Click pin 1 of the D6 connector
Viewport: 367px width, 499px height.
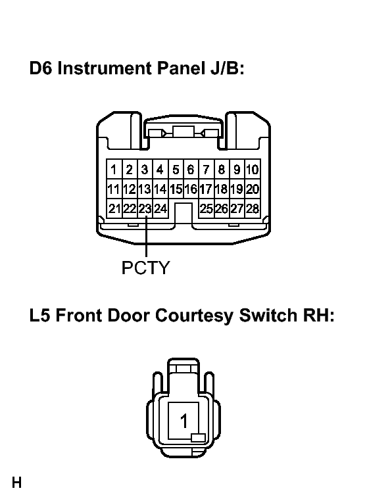point(114,170)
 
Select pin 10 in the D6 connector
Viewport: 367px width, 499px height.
point(253,170)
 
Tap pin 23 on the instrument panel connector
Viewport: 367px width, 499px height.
point(145,209)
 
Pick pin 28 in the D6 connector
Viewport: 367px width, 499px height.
point(253,209)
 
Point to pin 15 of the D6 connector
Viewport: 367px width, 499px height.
point(176,189)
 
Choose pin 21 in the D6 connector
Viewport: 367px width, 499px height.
point(114,209)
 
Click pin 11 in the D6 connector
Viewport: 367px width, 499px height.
point(114,189)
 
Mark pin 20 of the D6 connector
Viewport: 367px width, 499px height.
point(253,189)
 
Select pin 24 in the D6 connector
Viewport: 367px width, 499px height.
point(160,209)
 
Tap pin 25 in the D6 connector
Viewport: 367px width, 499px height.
point(207,209)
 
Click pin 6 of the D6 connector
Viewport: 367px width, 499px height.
point(191,170)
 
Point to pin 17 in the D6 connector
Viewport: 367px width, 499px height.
point(207,189)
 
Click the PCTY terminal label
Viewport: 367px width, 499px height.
point(146,268)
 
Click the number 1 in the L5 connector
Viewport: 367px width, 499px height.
point(183,421)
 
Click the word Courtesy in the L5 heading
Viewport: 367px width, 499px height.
point(195,316)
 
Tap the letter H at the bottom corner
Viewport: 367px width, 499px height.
point(17,483)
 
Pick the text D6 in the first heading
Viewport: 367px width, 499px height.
point(41,68)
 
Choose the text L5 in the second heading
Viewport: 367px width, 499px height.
point(39,316)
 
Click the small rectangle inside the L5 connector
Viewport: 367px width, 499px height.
point(198,438)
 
